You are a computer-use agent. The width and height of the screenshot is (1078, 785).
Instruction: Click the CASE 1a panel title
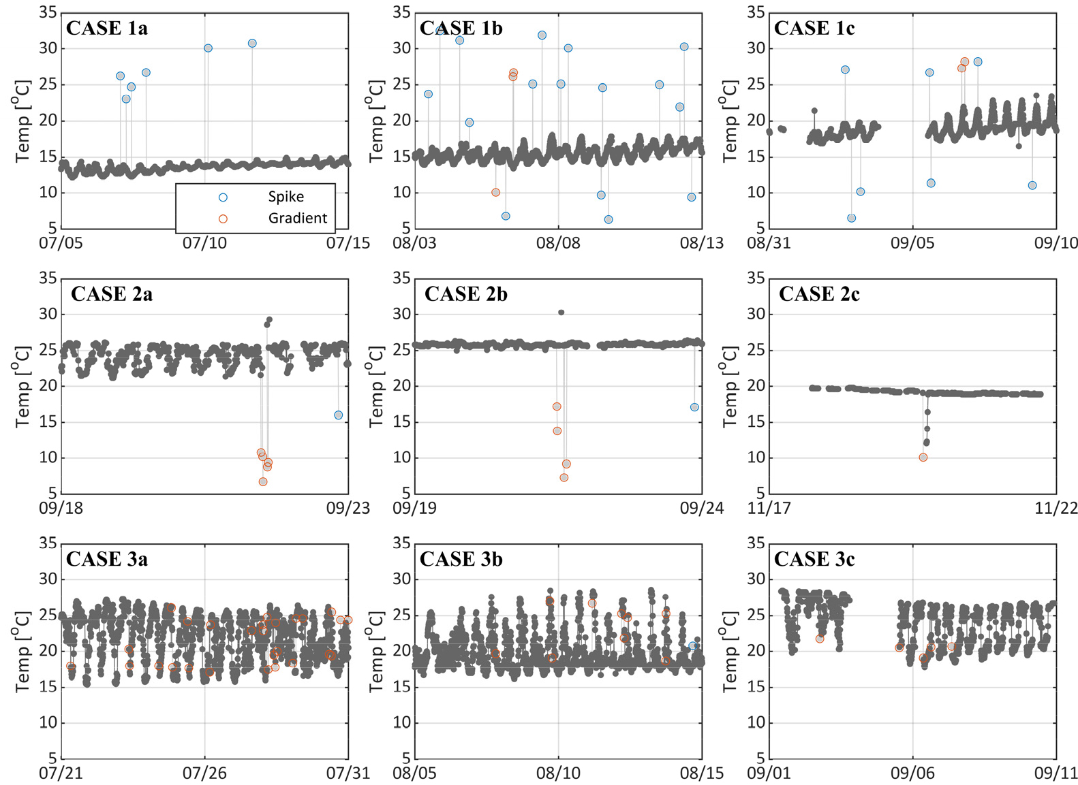pyautogui.click(x=107, y=29)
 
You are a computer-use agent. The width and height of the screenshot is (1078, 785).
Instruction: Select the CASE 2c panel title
pyautogui.click(x=819, y=294)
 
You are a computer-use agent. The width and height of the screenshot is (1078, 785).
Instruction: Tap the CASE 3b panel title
pyautogui.click(x=461, y=559)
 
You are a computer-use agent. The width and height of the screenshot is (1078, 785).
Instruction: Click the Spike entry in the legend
pyautogui.click(x=286, y=197)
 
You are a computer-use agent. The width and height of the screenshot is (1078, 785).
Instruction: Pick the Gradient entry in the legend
pyautogui.click(x=297, y=218)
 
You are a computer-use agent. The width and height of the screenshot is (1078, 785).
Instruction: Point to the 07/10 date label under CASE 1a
pyautogui.click(x=204, y=242)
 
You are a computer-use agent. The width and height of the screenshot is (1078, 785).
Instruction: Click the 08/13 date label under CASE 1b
pyautogui.click(x=701, y=242)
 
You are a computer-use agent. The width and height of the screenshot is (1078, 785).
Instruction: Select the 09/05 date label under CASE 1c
pyautogui.click(x=912, y=242)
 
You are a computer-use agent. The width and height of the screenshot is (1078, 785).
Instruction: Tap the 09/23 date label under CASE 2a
pyautogui.click(x=348, y=508)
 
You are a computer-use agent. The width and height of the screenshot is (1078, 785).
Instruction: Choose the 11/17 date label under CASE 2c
pyautogui.click(x=769, y=508)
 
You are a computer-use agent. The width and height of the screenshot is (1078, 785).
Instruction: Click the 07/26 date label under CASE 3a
pyautogui.click(x=204, y=773)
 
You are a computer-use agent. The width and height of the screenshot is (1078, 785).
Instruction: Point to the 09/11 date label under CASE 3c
pyautogui.click(x=1056, y=773)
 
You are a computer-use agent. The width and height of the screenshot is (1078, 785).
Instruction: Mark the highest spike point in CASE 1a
pyautogui.click(x=252, y=43)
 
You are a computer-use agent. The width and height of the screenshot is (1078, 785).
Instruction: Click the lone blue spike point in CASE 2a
pyautogui.click(x=339, y=415)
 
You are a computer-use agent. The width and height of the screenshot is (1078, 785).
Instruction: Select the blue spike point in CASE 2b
pyautogui.click(x=694, y=407)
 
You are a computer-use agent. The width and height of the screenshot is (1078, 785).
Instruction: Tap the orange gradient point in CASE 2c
pyautogui.click(x=923, y=458)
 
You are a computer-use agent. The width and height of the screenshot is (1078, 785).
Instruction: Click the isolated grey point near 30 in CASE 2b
pyautogui.click(x=561, y=313)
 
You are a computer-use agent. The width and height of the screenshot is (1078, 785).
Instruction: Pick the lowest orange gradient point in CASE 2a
pyautogui.click(x=263, y=482)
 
